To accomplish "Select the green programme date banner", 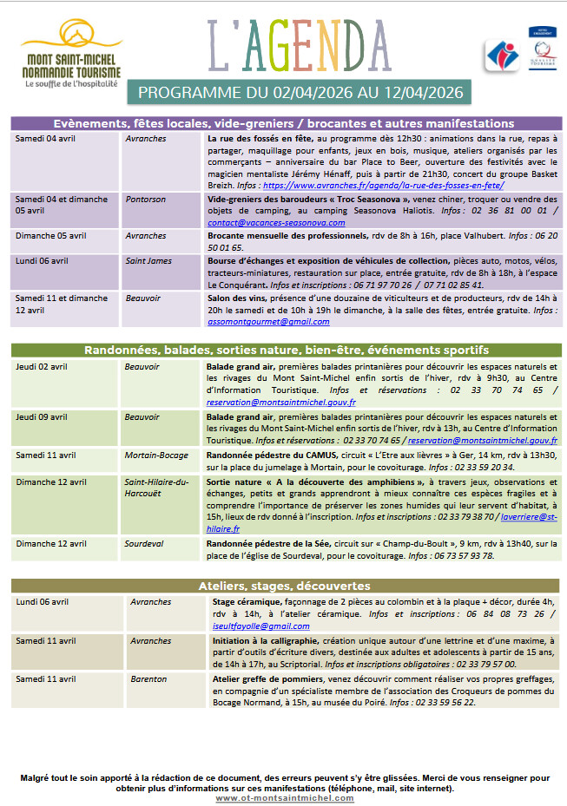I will (x=300, y=92).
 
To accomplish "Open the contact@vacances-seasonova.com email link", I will (x=276, y=222).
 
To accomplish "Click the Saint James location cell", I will (x=148, y=260).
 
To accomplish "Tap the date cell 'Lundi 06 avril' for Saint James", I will (x=42, y=260).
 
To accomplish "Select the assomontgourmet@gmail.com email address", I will (x=268, y=321).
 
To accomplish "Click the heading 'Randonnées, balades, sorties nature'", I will (x=286, y=350).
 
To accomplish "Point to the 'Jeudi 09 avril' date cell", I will (x=42, y=416).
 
